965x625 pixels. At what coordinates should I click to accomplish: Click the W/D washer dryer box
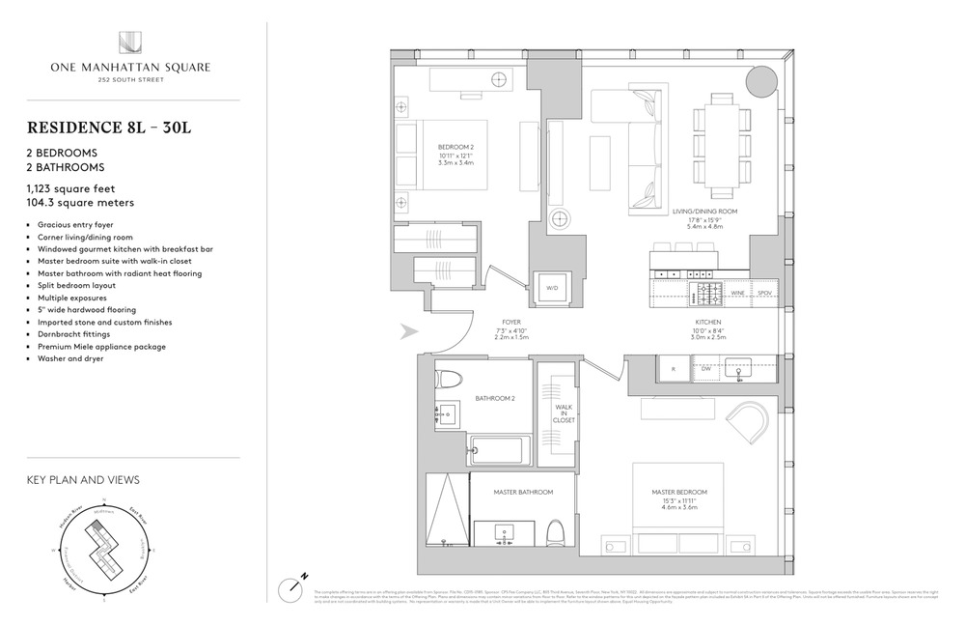coord(553,287)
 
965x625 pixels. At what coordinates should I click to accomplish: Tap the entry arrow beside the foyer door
coord(409,331)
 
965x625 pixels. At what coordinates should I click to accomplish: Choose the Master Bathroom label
coord(523,493)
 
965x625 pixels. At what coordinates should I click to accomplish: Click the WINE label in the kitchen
coord(737,291)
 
